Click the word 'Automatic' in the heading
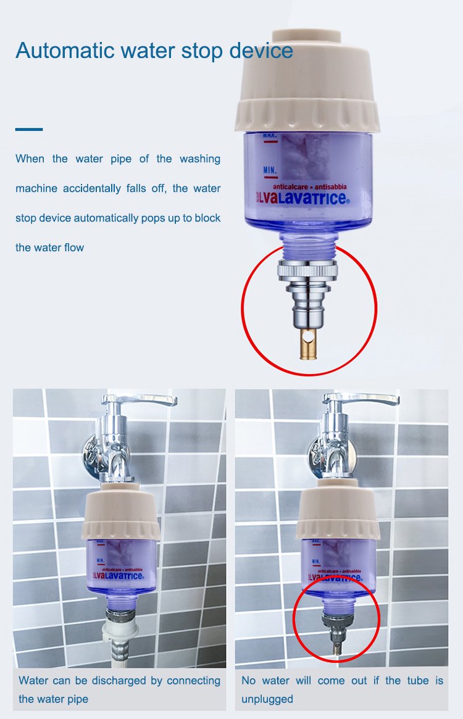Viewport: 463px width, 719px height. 65,51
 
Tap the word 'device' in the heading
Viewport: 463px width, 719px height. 261,51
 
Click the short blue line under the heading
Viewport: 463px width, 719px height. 29,130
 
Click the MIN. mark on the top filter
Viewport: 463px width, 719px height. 270,171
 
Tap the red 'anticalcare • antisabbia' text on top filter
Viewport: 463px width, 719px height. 310,186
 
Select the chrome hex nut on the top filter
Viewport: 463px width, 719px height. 307,270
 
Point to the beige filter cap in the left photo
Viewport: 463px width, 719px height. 120,511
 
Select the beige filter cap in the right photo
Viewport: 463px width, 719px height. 338,510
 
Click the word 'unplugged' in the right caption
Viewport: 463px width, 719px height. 267,699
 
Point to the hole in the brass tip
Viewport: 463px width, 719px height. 312,338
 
